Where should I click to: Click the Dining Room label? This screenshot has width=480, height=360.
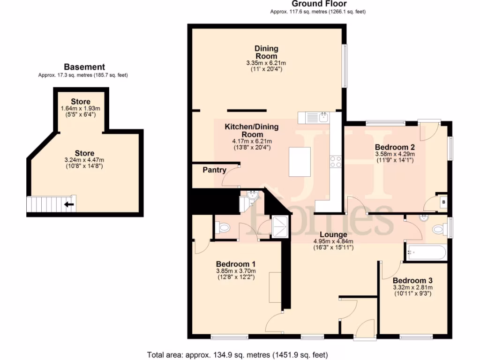click(x=266, y=52)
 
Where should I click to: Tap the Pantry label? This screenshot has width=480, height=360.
click(x=215, y=170)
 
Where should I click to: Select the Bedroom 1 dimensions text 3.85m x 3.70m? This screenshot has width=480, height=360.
click(x=236, y=270)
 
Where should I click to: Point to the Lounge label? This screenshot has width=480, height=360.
click(x=333, y=234)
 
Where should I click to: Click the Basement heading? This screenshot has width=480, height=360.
click(x=84, y=67)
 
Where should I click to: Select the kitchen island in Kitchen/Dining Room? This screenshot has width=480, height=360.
click(x=300, y=162)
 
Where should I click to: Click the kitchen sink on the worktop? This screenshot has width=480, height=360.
click(x=322, y=117)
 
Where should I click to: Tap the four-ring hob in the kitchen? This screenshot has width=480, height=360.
click(x=336, y=162)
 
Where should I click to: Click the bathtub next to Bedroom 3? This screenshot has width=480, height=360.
click(x=426, y=253)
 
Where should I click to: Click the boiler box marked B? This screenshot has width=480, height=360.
click(x=443, y=202)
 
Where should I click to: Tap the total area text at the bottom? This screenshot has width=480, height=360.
click(x=237, y=354)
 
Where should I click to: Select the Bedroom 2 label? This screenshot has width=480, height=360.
click(x=394, y=146)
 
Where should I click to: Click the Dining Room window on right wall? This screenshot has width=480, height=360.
click(x=345, y=66)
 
